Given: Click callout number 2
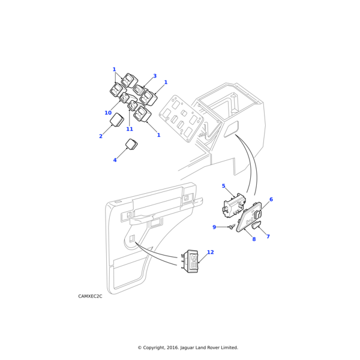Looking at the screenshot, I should [101, 136].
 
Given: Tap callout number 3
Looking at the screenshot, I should [155, 76].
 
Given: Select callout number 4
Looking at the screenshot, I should [115, 160].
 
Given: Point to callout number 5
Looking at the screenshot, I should [223, 186].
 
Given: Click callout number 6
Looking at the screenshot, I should [271, 199].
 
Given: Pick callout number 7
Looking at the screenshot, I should [268, 236].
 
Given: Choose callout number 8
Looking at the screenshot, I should [254, 239].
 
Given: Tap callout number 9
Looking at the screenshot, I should [214, 227].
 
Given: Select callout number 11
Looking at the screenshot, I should [130, 129].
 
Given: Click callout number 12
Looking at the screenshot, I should [210, 253].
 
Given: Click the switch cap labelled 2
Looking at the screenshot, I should [116, 121].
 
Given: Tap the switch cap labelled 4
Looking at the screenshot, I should [131, 144].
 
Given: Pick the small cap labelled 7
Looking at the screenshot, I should [256, 225].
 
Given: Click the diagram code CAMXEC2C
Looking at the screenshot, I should [90, 296].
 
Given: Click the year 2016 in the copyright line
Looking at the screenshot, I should [172, 347].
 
